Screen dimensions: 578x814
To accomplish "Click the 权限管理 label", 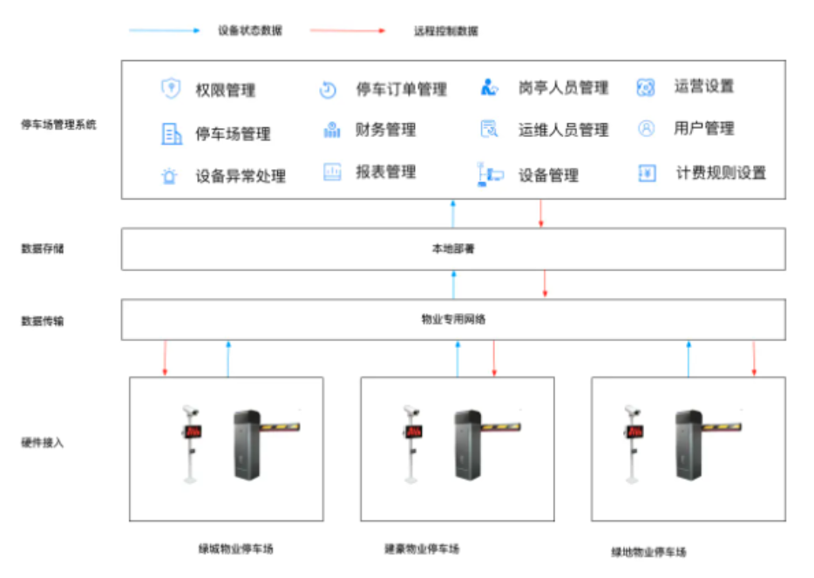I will click(x=226, y=91).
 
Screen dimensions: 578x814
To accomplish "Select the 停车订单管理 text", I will click(x=401, y=89).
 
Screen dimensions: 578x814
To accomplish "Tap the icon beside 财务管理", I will click(x=332, y=130).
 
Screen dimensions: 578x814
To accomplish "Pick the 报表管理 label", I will click(x=385, y=172).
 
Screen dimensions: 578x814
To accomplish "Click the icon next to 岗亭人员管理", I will click(x=489, y=87).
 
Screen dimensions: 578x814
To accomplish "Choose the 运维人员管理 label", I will click(x=563, y=130).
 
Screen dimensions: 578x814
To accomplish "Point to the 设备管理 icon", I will click(x=489, y=174).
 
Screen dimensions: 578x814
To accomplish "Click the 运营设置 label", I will click(x=704, y=86).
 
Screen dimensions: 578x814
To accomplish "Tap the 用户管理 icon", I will click(x=646, y=129).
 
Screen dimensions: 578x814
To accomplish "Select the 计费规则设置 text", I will click(x=721, y=173).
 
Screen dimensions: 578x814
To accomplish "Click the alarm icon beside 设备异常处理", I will click(x=169, y=176).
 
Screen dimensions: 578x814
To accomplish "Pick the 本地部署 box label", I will click(x=453, y=248).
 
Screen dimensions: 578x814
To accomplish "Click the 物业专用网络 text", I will click(x=453, y=320).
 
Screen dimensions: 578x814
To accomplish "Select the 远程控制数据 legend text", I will click(x=445, y=31).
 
